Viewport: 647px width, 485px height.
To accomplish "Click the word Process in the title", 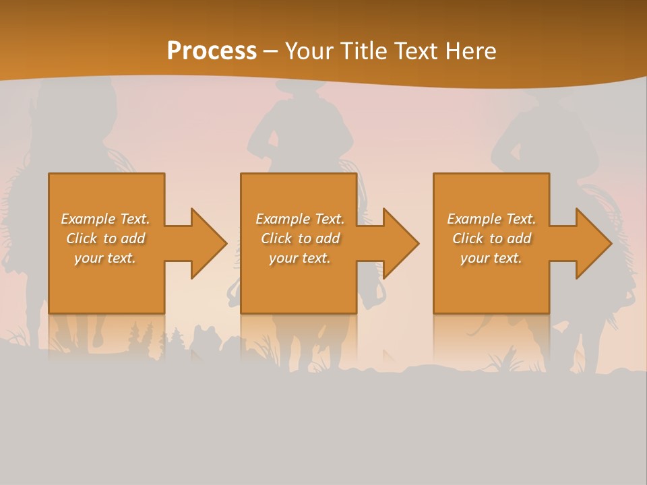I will point(212,51).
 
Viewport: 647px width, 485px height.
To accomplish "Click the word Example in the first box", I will point(88,219).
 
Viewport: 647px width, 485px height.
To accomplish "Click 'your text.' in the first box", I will point(105,258).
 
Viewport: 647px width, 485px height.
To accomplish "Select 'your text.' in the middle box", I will point(299,258).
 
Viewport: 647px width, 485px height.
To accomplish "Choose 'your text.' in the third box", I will point(491,258).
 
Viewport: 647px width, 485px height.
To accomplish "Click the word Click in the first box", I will point(81,238).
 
